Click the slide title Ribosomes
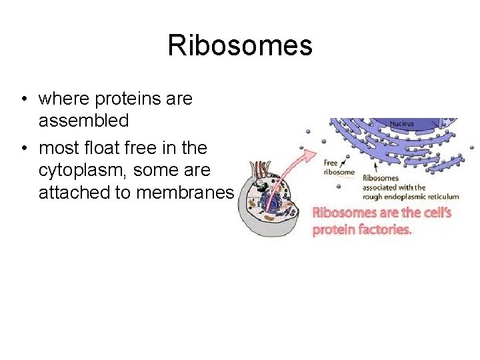239,46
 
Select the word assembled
83,121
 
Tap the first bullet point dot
23,99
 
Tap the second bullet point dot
23,148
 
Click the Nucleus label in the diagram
401,124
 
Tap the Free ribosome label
339,167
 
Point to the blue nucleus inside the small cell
273,201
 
